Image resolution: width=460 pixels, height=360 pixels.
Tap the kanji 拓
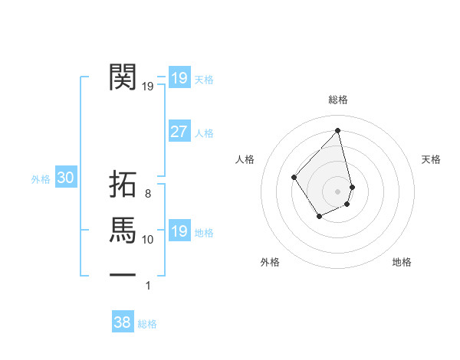pos(123,187)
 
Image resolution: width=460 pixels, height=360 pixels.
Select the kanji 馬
pos(123,229)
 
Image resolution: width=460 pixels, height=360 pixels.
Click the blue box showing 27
pos(179,132)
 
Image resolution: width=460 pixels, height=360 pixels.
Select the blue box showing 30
pos(66,178)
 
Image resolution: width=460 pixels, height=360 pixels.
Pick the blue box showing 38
pos(122,322)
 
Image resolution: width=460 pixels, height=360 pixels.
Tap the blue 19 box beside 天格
pos(179,78)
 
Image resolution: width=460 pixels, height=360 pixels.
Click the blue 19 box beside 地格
pos(179,231)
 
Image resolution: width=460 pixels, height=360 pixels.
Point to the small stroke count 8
pos(147,194)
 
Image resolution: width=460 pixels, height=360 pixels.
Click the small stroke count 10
pos(148,240)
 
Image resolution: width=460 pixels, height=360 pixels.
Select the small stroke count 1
pos(148,286)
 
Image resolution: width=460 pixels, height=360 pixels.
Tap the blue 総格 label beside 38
pos(147,324)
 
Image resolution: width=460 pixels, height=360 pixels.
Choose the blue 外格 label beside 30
pos(41,179)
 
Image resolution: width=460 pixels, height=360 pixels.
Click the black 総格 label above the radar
pos(338,100)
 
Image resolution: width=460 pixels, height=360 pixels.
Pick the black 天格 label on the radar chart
pos(431,159)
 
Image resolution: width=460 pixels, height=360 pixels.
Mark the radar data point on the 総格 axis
pos(338,130)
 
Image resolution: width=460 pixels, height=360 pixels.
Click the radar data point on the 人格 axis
pos(294,177)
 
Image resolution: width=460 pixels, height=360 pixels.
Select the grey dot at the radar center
pos(338,191)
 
